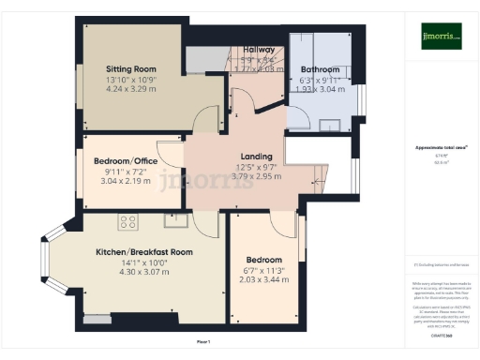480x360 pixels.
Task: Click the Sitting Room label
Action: click(x=130, y=68)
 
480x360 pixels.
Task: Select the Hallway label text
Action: click(x=259, y=49)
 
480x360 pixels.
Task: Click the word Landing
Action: click(x=256, y=157)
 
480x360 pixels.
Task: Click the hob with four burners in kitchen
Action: click(x=127, y=222)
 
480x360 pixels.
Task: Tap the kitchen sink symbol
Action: click(x=174, y=221)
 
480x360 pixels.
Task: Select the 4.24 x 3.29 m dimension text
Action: click(x=130, y=91)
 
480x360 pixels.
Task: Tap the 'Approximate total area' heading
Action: click(x=441, y=147)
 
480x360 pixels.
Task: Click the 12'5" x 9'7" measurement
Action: click(x=256, y=167)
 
